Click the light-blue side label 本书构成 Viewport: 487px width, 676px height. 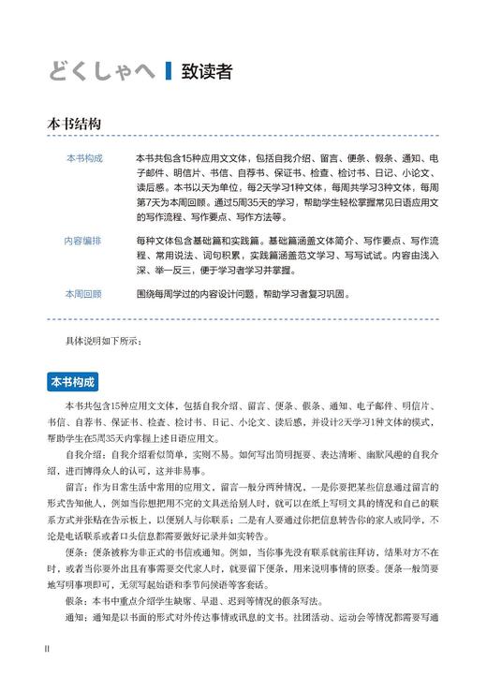point(84,157)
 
